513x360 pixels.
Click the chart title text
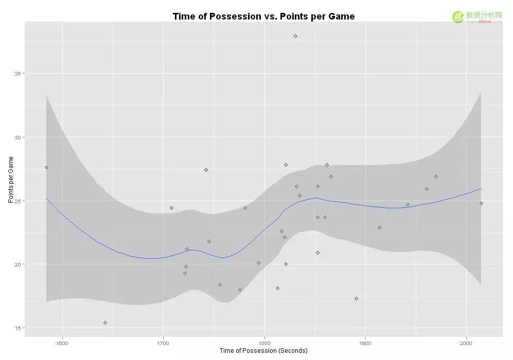pos(263,16)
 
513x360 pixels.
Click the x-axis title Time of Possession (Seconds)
pos(263,351)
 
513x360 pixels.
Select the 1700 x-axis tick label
pos(163,341)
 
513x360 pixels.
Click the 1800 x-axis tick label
pos(264,341)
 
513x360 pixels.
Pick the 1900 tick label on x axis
pos(365,341)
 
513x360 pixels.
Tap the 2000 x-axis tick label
pos(467,341)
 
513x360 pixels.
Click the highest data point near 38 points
pos(295,36)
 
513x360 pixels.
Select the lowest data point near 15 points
pos(105,322)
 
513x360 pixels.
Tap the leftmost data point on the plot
pos(46,167)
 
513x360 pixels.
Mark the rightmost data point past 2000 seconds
pos(481,203)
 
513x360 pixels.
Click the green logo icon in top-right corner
pos(457,16)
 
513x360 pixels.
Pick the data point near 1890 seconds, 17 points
pos(356,298)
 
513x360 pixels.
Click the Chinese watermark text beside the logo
pos(484,15)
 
